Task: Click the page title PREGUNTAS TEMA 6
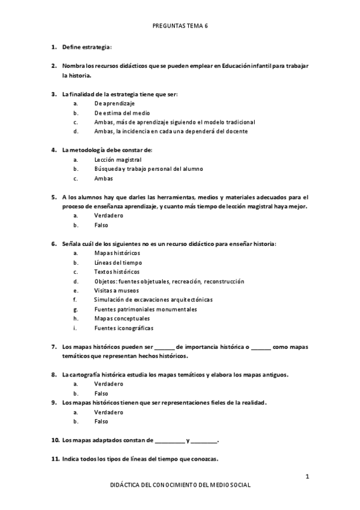tap(180, 26)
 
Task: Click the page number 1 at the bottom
tap(307, 476)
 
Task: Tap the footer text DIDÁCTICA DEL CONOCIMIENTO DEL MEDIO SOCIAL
tap(180, 485)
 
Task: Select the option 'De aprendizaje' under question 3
tap(114, 104)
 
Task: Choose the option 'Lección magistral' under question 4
tap(118, 160)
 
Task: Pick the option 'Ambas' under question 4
tap(103, 178)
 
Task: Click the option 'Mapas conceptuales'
tap(122, 318)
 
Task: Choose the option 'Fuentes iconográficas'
tap(124, 328)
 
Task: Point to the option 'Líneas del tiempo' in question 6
tap(118, 262)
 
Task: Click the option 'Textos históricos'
tap(117, 271)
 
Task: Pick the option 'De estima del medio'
tap(122, 113)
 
